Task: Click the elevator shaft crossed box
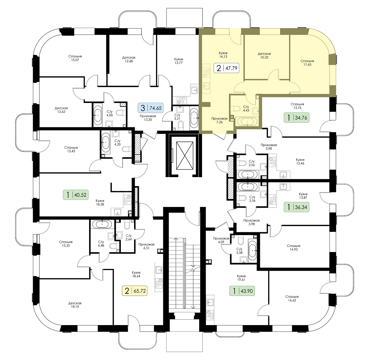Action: [185, 155]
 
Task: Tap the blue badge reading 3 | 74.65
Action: [151, 108]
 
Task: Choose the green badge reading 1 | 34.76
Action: [297, 118]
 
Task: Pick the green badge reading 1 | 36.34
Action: [297, 207]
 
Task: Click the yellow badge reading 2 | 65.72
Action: [135, 291]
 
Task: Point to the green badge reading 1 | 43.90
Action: [242, 291]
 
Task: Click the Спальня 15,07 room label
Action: [75, 58]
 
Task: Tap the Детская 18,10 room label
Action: [75, 305]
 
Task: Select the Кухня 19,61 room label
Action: [241, 278]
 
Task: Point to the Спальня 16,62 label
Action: [292, 298]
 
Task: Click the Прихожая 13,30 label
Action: [148, 118]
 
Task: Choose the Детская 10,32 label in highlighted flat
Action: [264, 55]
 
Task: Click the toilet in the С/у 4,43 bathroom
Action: [237, 109]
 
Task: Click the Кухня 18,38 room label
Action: [100, 202]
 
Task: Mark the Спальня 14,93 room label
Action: [294, 248]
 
